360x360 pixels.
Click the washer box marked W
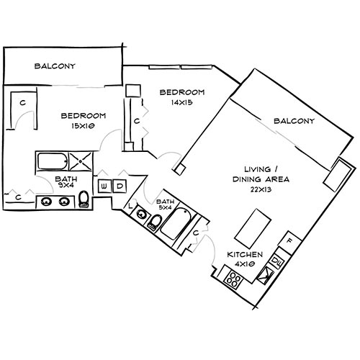104,186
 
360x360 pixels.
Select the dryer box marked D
120,186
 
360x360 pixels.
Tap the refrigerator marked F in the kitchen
288,240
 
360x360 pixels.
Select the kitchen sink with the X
267,273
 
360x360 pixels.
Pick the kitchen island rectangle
251,229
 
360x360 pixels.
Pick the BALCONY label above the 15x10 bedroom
55,66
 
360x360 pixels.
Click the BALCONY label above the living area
294,122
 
